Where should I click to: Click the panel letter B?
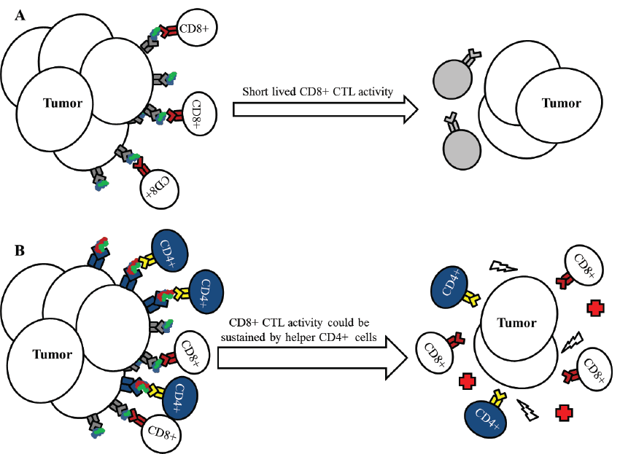coord(21,250)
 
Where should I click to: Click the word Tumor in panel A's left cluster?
coord(63,103)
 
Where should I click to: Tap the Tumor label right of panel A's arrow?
coord(561,103)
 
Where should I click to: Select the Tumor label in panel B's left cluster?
coord(53,355)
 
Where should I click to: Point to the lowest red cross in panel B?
coord(562,413)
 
